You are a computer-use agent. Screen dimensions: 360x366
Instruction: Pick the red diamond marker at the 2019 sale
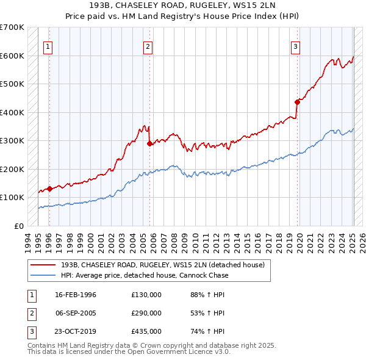(x=297, y=102)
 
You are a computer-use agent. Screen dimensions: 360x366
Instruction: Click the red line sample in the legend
(x=43, y=265)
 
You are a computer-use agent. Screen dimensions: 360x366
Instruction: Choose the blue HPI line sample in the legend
(x=43, y=275)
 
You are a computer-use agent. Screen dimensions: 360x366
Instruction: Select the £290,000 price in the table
(x=146, y=313)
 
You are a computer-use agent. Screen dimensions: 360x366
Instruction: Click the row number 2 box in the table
(x=30, y=313)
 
